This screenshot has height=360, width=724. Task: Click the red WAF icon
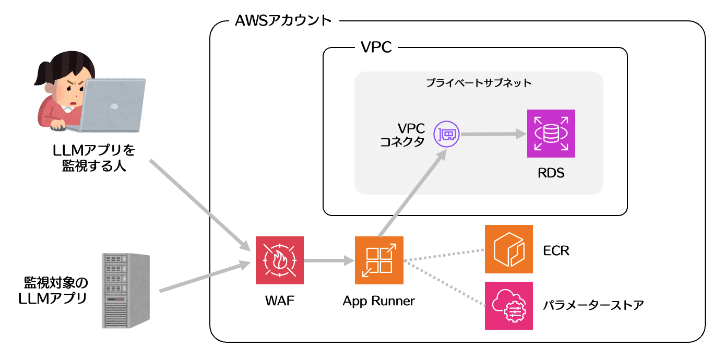[280, 260]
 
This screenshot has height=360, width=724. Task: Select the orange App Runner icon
[379, 260]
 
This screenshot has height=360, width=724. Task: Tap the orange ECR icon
[508, 249]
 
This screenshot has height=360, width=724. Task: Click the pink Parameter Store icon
[508, 306]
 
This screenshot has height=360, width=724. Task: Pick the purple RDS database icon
[551, 134]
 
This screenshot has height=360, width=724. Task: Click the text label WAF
[280, 301]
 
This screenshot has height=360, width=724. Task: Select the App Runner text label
[379, 301]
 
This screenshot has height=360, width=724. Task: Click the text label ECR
[556, 251]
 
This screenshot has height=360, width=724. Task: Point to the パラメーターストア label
[592, 305]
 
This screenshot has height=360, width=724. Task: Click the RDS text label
[551, 173]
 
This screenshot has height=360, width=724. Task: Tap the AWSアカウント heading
[283, 21]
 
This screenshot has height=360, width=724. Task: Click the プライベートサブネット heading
[478, 83]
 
